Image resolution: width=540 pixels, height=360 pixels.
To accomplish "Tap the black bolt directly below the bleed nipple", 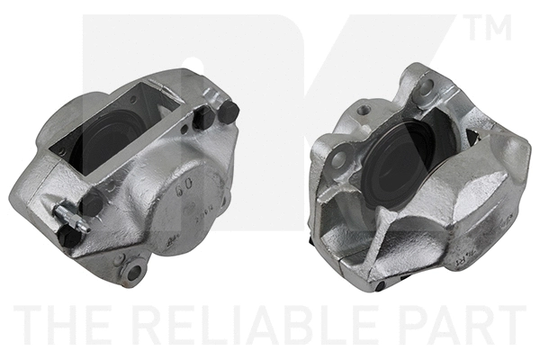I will [x=69, y=238].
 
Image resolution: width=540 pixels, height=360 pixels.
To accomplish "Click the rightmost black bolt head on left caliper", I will [x=229, y=112].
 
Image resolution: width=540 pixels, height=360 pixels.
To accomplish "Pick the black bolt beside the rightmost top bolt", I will [x=206, y=118].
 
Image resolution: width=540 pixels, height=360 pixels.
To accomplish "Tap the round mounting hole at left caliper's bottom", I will [x=136, y=270].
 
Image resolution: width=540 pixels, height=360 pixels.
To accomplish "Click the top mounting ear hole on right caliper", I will [x=425, y=88].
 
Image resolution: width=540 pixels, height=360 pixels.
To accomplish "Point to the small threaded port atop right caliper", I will [x=363, y=111].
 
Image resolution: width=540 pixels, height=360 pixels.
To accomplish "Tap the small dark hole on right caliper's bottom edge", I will [x=380, y=286].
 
